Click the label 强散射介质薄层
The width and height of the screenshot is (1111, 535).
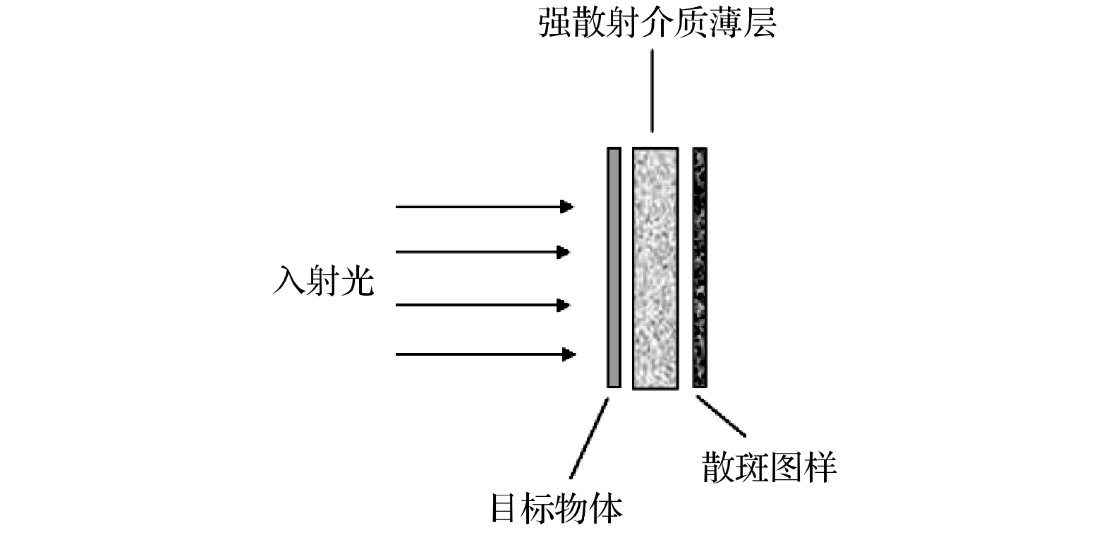tap(657, 23)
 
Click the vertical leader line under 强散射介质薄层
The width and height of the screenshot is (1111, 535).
tap(652, 90)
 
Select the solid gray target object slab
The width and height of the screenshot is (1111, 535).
tap(614, 267)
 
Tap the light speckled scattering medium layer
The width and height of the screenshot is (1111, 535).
tap(655, 267)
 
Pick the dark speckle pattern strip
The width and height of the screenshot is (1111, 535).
tap(699, 267)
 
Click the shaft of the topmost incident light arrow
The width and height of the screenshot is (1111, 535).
tap(480, 207)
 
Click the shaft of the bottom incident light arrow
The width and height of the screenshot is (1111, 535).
tap(480, 354)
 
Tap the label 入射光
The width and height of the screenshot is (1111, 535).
tap(323, 281)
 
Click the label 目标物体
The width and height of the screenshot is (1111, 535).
tap(557, 508)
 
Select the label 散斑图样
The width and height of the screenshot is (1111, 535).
tap(769, 467)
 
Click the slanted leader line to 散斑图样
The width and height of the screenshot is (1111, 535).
tap(721, 416)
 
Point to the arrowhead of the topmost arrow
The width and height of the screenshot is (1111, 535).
tap(567, 207)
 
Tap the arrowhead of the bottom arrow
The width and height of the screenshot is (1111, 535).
tap(567, 354)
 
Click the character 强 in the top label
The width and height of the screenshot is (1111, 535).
tap(554, 23)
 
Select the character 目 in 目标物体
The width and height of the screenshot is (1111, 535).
tap(506, 508)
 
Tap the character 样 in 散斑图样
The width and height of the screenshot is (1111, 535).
tap(820, 467)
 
